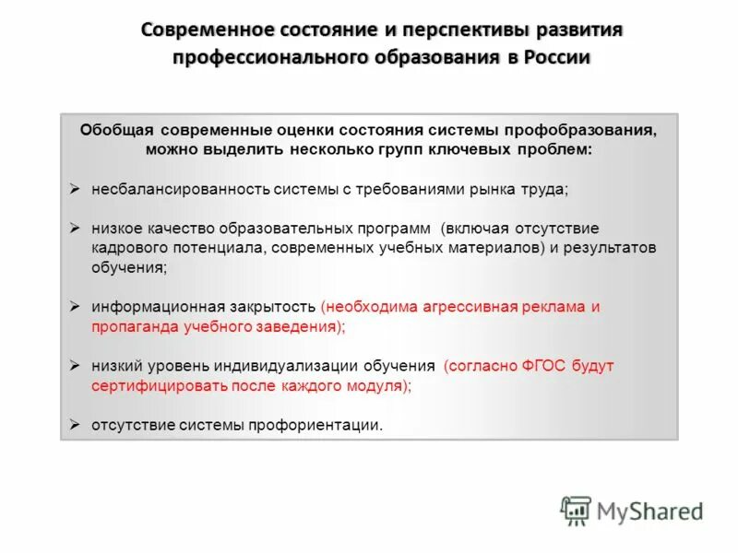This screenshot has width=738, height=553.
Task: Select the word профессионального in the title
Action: (x=265, y=57)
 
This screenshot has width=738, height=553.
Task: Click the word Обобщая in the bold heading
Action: (x=110, y=130)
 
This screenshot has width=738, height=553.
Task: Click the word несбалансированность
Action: (x=181, y=189)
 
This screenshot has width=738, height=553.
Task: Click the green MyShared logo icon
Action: (x=576, y=511)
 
